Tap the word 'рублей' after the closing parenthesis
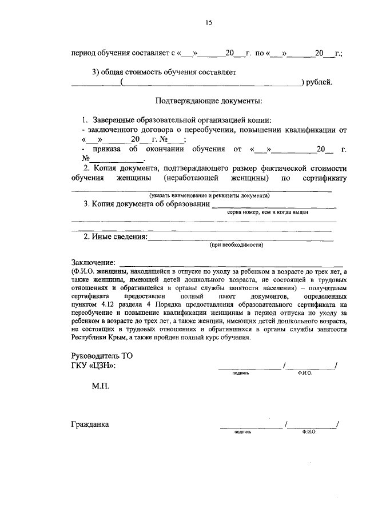319,82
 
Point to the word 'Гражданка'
90,424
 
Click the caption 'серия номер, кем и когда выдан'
268,211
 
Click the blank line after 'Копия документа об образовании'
274,206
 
